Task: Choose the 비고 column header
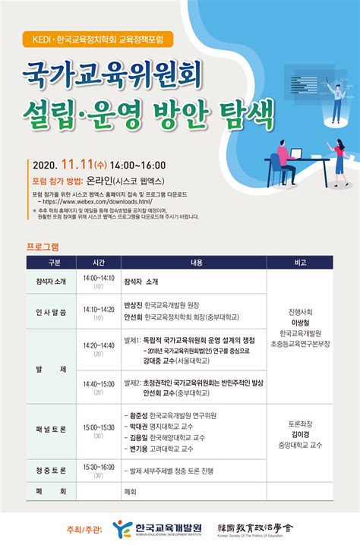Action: point(300,262)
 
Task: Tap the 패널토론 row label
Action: point(51,429)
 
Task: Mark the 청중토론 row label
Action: point(51,471)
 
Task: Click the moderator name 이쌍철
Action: point(300,322)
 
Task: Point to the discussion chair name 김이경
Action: point(300,434)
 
